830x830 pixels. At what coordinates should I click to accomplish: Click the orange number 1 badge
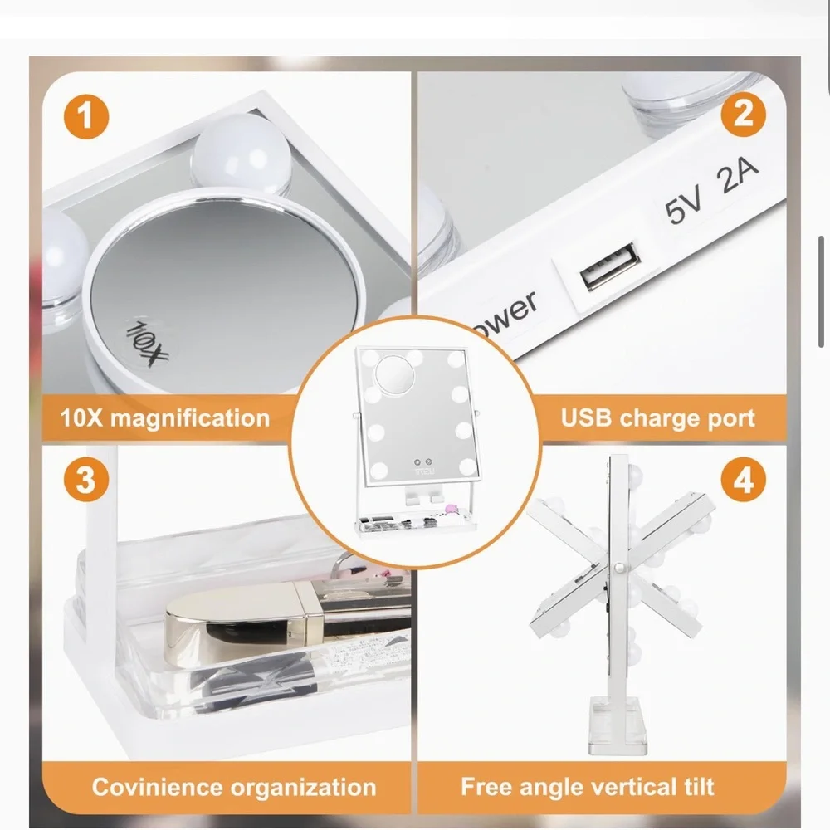[x=86, y=116]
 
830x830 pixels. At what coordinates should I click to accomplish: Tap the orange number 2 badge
[x=743, y=114]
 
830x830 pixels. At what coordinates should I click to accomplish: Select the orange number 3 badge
[x=86, y=480]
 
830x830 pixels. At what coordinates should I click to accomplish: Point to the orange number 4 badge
[x=743, y=481]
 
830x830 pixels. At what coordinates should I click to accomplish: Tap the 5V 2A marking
[x=712, y=191]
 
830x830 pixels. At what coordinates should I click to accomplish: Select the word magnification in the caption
[x=190, y=418]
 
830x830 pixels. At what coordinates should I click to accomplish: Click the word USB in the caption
[x=587, y=417]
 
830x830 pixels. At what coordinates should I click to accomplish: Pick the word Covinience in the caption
[x=157, y=787]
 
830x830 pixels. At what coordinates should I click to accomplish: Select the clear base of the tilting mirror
[x=618, y=725]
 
